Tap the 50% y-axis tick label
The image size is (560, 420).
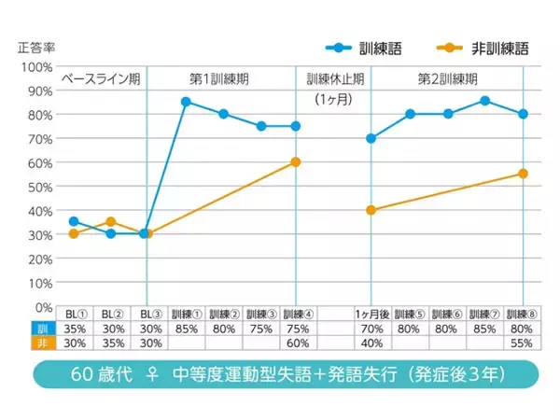[39, 187]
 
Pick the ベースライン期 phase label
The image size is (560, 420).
[101, 79]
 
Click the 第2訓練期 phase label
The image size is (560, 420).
[447, 79]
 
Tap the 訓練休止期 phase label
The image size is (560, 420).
[332, 79]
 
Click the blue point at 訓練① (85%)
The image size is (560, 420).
[187, 102]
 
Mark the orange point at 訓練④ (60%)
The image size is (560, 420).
[296, 161]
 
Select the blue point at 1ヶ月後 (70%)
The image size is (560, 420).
[371, 138]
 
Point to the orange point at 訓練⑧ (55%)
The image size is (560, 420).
[523, 174]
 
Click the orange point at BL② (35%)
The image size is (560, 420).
[111, 222]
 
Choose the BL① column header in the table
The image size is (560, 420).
[74, 315]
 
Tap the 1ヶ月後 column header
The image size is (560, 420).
[371, 315]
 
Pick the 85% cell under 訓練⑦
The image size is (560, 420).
[485, 329]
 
